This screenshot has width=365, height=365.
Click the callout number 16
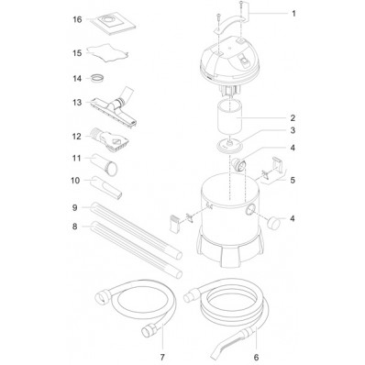tap(77, 19)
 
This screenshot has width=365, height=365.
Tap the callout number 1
tap(293, 14)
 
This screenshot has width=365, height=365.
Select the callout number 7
tap(162, 357)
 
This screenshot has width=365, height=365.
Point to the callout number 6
tap(256, 357)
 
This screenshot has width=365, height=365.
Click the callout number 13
tap(77, 103)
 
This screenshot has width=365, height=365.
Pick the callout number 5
tap(293, 180)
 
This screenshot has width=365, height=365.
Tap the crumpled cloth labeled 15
tap(107, 52)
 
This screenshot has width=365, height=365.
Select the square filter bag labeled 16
tap(114, 23)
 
